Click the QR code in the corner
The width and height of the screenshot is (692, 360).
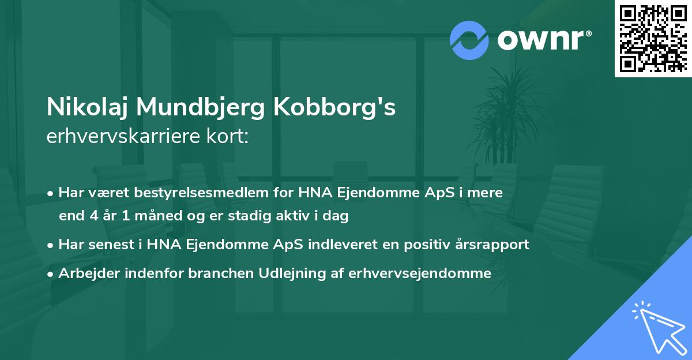653,38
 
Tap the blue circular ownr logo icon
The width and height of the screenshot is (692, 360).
469,40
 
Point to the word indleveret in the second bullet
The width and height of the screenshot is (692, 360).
346,245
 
